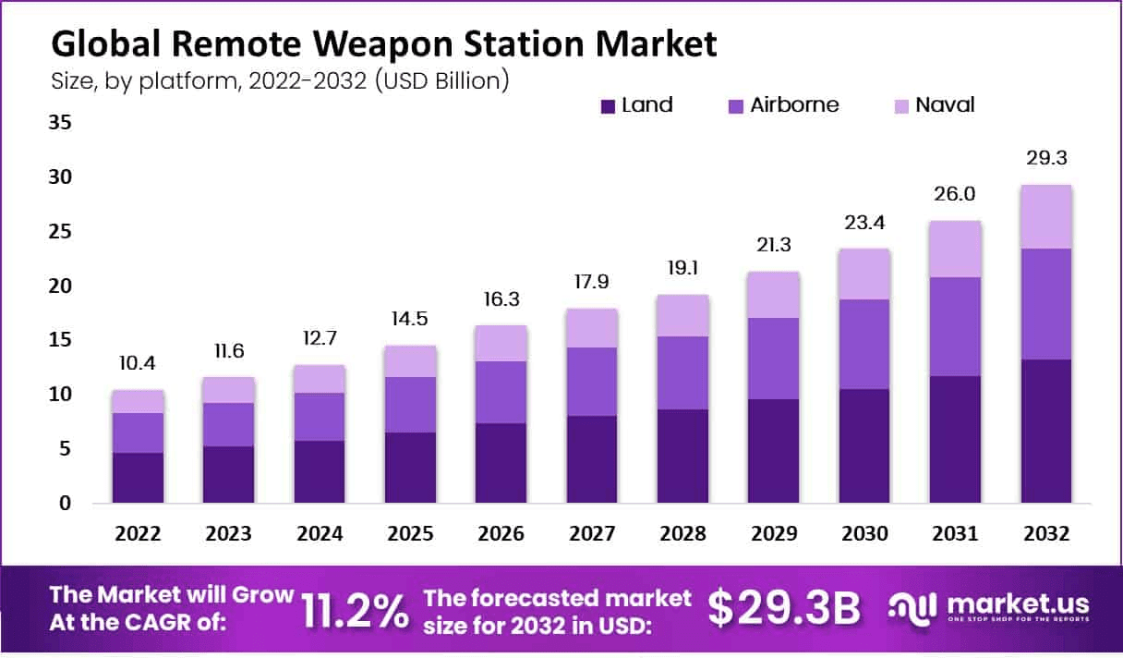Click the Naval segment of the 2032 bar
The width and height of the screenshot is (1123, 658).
[x=1045, y=216]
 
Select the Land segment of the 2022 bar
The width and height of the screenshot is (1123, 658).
[x=139, y=478]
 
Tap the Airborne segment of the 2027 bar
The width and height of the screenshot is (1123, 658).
[x=592, y=382]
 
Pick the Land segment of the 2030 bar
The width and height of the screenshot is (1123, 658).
[x=864, y=445]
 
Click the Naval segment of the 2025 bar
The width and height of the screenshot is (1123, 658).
[x=410, y=361]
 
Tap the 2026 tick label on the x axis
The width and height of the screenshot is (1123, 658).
[x=501, y=534]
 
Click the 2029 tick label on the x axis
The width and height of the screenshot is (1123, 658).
[x=774, y=534]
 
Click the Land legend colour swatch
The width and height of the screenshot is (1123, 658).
[x=608, y=106]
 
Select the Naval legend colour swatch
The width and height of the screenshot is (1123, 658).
[x=900, y=106]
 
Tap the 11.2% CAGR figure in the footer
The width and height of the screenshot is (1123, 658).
[x=355, y=610]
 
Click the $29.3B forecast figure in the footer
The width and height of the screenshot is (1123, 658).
[x=783, y=608]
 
